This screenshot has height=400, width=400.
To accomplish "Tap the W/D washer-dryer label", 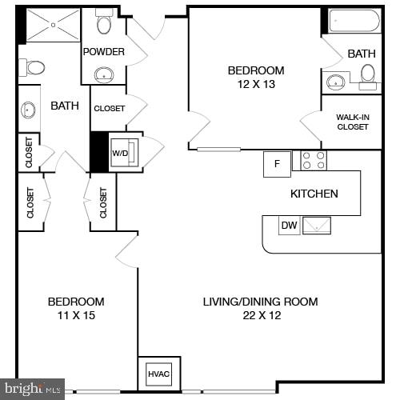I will pyautogui.click(x=120, y=152).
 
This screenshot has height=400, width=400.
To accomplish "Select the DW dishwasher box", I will pyautogui.click(x=289, y=226).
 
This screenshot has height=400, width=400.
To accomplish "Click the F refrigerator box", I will pyautogui.click(x=277, y=164).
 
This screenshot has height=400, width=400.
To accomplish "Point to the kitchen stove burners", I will pyautogui.click(x=314, y=160).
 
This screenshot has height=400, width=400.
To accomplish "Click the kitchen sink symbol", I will pyautogui.click(x=318, y=226).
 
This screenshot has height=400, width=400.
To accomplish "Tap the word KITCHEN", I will pyautogui.click(x=314, y=194).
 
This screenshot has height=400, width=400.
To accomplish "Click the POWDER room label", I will pyautogui.click(x=104, y=52).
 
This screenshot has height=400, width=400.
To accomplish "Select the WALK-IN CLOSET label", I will pyautogui.click(x=352, y=122).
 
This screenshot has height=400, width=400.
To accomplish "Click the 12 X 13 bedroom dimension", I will pyautogui.click(x=256, y=84).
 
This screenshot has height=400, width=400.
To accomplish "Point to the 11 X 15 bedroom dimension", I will pyautogui.click(x=76, y=315).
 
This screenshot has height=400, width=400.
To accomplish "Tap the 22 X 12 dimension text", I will pyautogui.click(x=260, y=315).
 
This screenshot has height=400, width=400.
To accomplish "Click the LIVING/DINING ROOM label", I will pyautogui.click(x=260, y=302).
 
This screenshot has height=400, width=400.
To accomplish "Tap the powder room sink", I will pyautogui.click(x=104, y=75).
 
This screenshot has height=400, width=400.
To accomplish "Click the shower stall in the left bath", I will pyautogui.click(x=54, y=25).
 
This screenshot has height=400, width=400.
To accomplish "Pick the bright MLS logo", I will pyautogui.click(x=32, y=389).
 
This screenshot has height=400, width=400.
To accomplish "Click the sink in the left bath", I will pyautogui.click(x=30, y=110).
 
